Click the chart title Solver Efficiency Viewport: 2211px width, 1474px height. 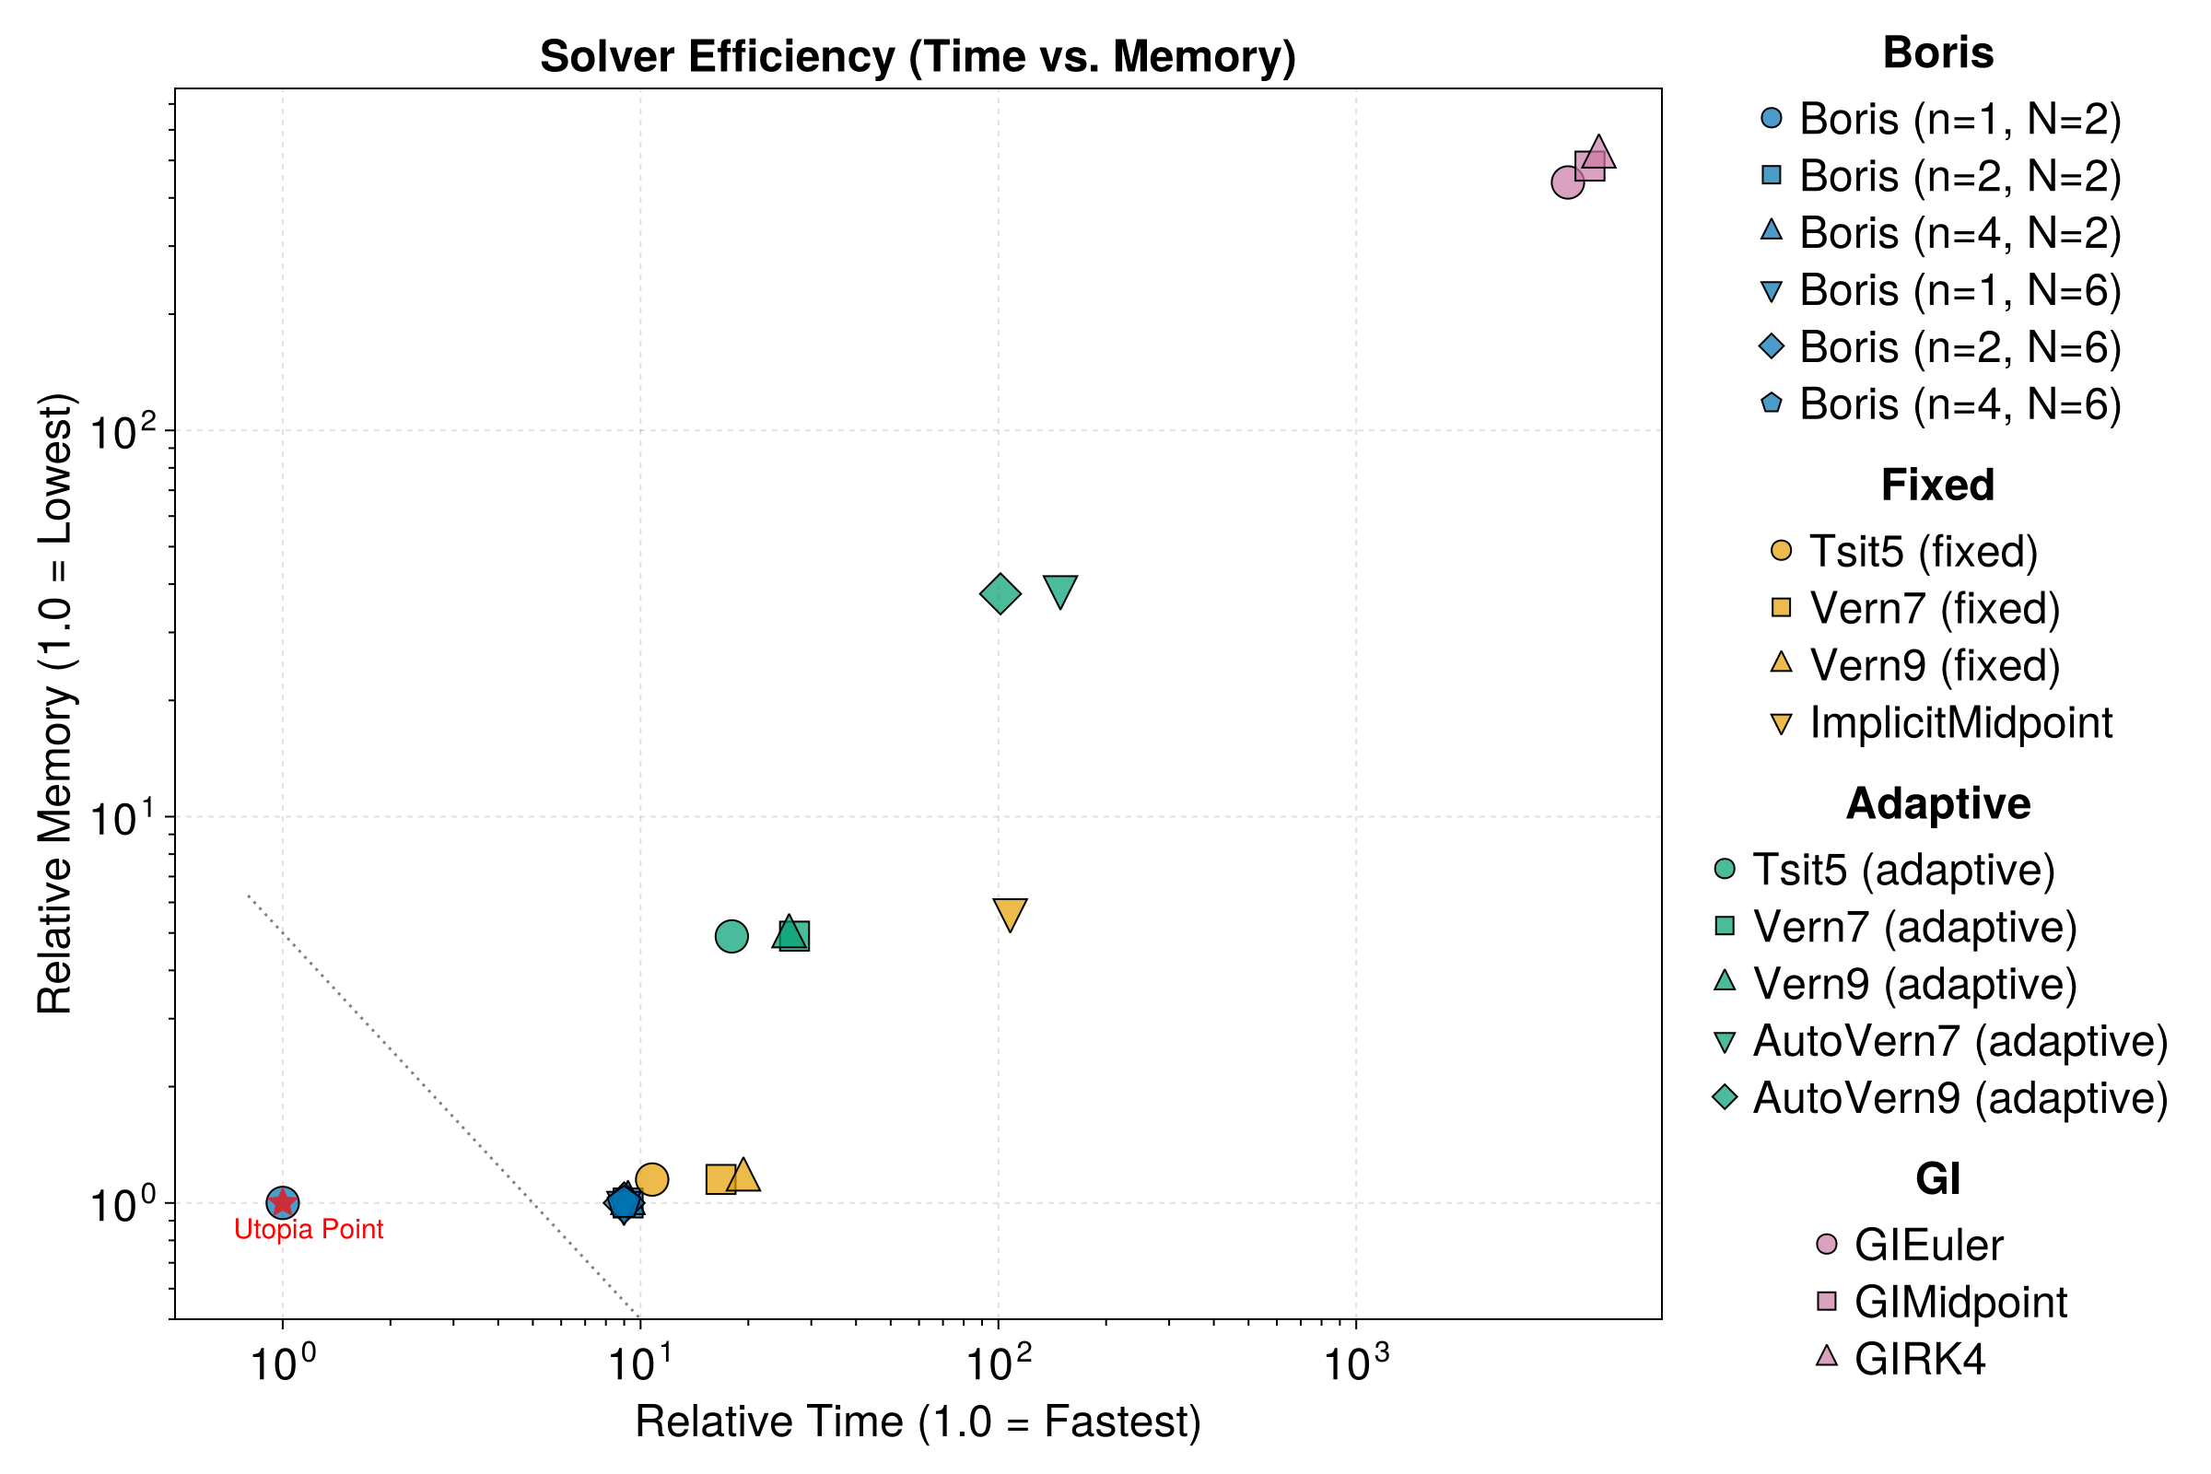click(x=918, y=56)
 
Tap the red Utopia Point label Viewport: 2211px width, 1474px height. click(x=309, y=1230)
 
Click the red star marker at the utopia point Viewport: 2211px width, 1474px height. click(x=283, y=1201)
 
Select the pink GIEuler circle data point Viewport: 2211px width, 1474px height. click(x=1567, y=182)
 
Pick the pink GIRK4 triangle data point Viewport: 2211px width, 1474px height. click(x=1598, y=152)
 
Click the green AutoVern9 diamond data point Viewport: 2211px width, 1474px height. click(x=1000, y=593)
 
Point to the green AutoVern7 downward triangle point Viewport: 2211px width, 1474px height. click(x=1060, y=591)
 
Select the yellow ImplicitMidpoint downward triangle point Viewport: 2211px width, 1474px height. click(x=1010, y=913)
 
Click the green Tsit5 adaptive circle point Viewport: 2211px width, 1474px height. click(x=731, y=936)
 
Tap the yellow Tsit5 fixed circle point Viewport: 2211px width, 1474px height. click(x=651, y=1180)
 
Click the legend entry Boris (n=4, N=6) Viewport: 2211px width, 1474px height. click(x=1959, y=404)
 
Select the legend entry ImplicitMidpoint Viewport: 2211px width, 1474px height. click(x=1960, y=723)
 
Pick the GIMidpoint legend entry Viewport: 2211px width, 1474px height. click(x=1960, y=1302)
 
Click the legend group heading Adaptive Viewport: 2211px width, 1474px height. click(x=1938, y=803)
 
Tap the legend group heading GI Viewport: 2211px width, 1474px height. click(x=1938, y=1179)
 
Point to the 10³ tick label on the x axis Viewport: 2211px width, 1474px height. click(x=1355, y=1363)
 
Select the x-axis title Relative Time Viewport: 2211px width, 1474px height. click(x=918, y=1421)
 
